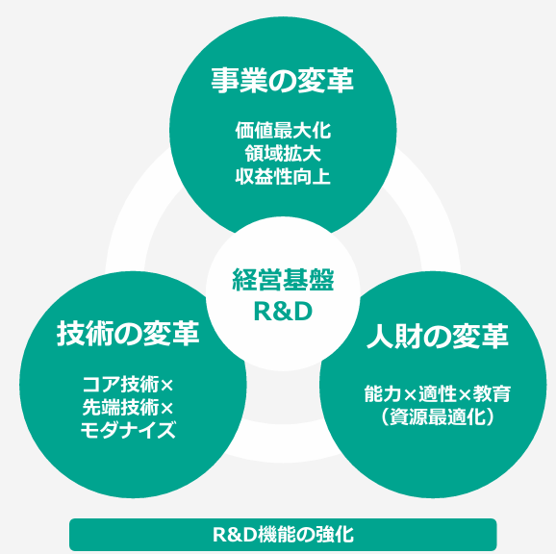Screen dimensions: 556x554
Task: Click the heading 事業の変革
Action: (283, 81)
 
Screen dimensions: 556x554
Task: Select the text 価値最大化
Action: (283, 131)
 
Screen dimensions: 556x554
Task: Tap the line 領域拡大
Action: (283, 154)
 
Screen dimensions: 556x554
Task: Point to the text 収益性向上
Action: (283, 177)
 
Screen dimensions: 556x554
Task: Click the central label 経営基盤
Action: (283, 280)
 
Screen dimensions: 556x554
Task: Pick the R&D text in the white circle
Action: (283, 312)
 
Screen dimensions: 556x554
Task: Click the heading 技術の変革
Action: (128, 333)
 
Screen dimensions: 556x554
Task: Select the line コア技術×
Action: (128, 385)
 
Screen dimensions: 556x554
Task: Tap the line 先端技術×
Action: (128, 408)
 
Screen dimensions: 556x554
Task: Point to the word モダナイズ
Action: (128, 430)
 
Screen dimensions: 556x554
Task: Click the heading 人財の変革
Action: (438, 336)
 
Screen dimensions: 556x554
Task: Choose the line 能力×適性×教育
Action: (438, 393)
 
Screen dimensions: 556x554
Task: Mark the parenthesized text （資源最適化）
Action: (438, 416)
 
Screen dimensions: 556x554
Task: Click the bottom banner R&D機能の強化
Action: (283, 535)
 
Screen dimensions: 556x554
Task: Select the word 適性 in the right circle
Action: (438, 393)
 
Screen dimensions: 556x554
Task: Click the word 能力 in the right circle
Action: (383, 393)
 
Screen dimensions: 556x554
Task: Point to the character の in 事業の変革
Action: (283, 81)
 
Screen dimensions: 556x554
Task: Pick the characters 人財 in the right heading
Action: (394, 336)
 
